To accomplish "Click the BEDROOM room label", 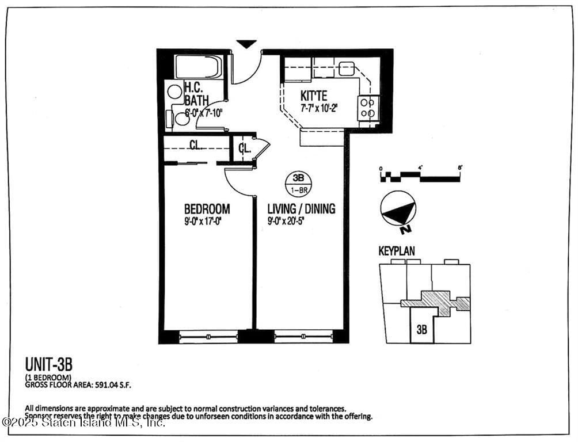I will click(207, 209).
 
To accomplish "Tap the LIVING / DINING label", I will click(301, 209).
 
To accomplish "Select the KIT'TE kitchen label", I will click(314, 96).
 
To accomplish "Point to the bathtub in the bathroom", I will click(199, 67).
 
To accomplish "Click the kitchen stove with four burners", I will click(368, 108).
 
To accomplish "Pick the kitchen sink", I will click(347, 68).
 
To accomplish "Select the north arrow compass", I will click(398, 209).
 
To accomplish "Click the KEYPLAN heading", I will click(396, 251).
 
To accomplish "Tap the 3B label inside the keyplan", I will click(421, 330).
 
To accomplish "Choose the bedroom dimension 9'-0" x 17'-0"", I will click(203, 220).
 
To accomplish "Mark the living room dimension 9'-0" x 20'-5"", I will click(290, 220).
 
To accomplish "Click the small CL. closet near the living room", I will click(245, 148).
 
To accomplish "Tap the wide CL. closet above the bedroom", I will click(196, 146).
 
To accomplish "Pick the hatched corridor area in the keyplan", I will click(436, 301).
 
